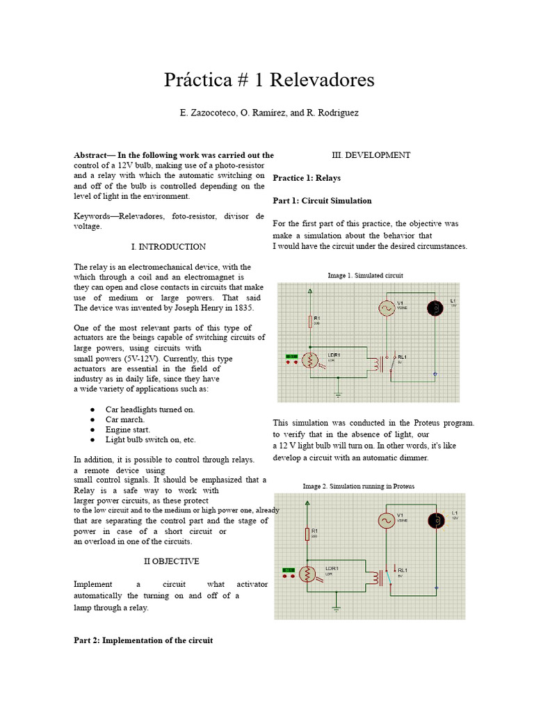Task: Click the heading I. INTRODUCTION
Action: click(x=168, y=247)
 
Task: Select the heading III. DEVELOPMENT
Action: click(x=369, y=155)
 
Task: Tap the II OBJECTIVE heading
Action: click(x=171, y=561)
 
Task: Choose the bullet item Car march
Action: click(x=125, y=419)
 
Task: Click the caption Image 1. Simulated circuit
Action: click(x=366, y=276)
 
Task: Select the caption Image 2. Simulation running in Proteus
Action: click(x=359, y=487)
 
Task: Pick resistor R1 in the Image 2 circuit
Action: click(x=307, y=533)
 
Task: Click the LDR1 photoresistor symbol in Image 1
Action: click(x=310, y=359)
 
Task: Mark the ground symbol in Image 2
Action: click(x=337, y=609)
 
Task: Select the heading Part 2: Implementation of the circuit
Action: click(x=143, y=640)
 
